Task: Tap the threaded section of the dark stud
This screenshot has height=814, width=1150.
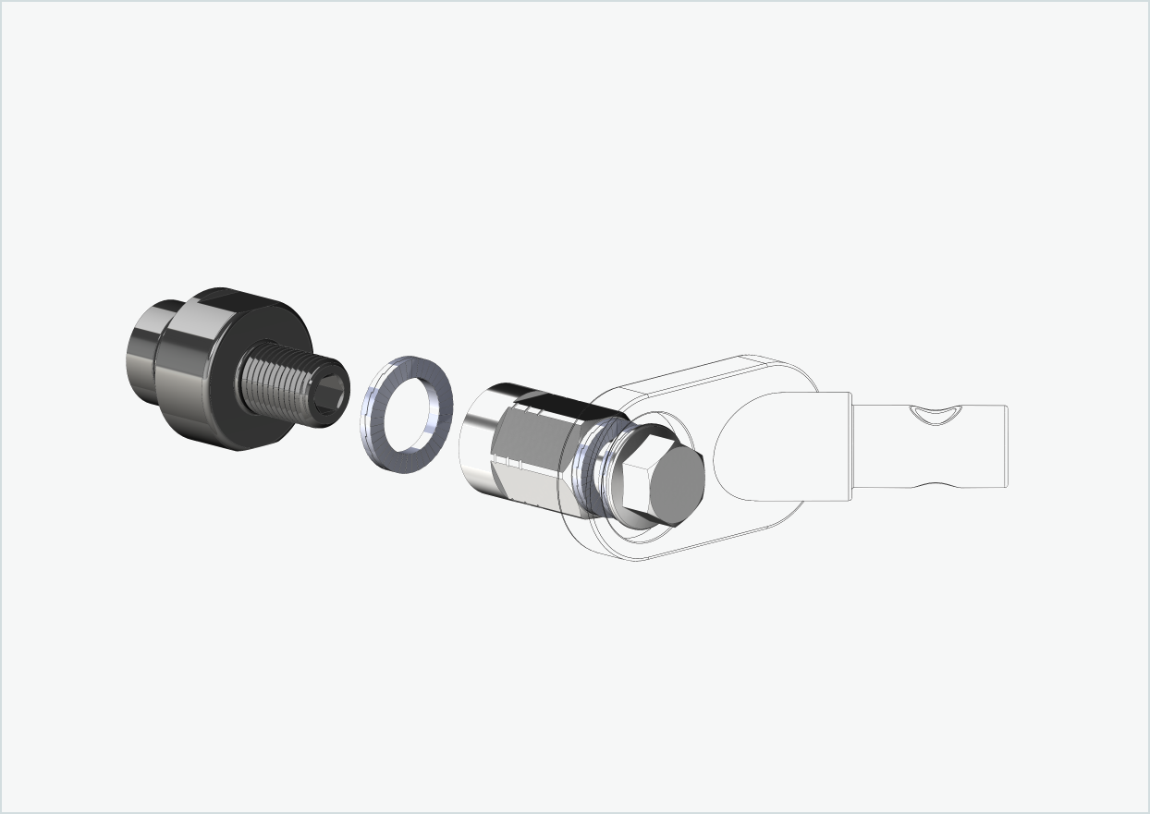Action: coord(277,388)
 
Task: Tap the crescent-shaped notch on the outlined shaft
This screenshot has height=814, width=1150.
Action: coord(934,417)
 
